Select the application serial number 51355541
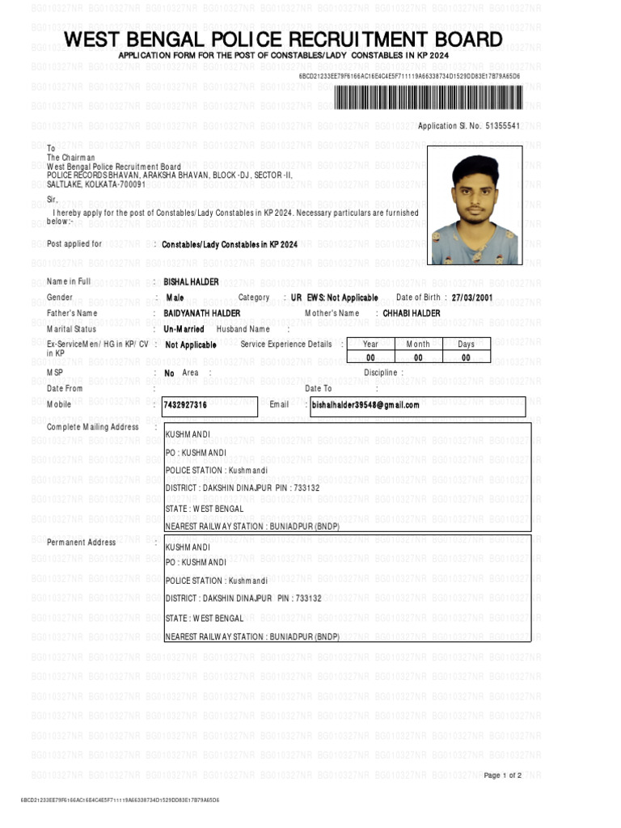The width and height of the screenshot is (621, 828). (x=502, y=126)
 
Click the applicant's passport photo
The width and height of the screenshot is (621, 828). (x=475, y=205)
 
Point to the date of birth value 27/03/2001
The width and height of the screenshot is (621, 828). (x=471, y=298)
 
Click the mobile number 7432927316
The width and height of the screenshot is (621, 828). (x=185, y=404)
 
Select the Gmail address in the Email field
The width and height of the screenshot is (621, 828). (x=365, y=404)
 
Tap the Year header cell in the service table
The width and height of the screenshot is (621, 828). (x=370, y=344)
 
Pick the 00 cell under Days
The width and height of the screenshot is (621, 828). (x=466, y=357)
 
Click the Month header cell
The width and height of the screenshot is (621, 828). (x=418, y=344)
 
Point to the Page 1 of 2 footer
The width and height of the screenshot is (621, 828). (x=502, y=775)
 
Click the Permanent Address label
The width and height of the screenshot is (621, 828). (x=81, y=542)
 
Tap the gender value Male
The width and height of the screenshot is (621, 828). (x=175, y=298)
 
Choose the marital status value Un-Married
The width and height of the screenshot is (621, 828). (x=184, y=329)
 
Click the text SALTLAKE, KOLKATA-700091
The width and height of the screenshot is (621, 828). (x=96, y=184)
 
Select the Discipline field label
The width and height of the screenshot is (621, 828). (x=381, y=373)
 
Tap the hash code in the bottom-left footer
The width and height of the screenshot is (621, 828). (x=120, y=800)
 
